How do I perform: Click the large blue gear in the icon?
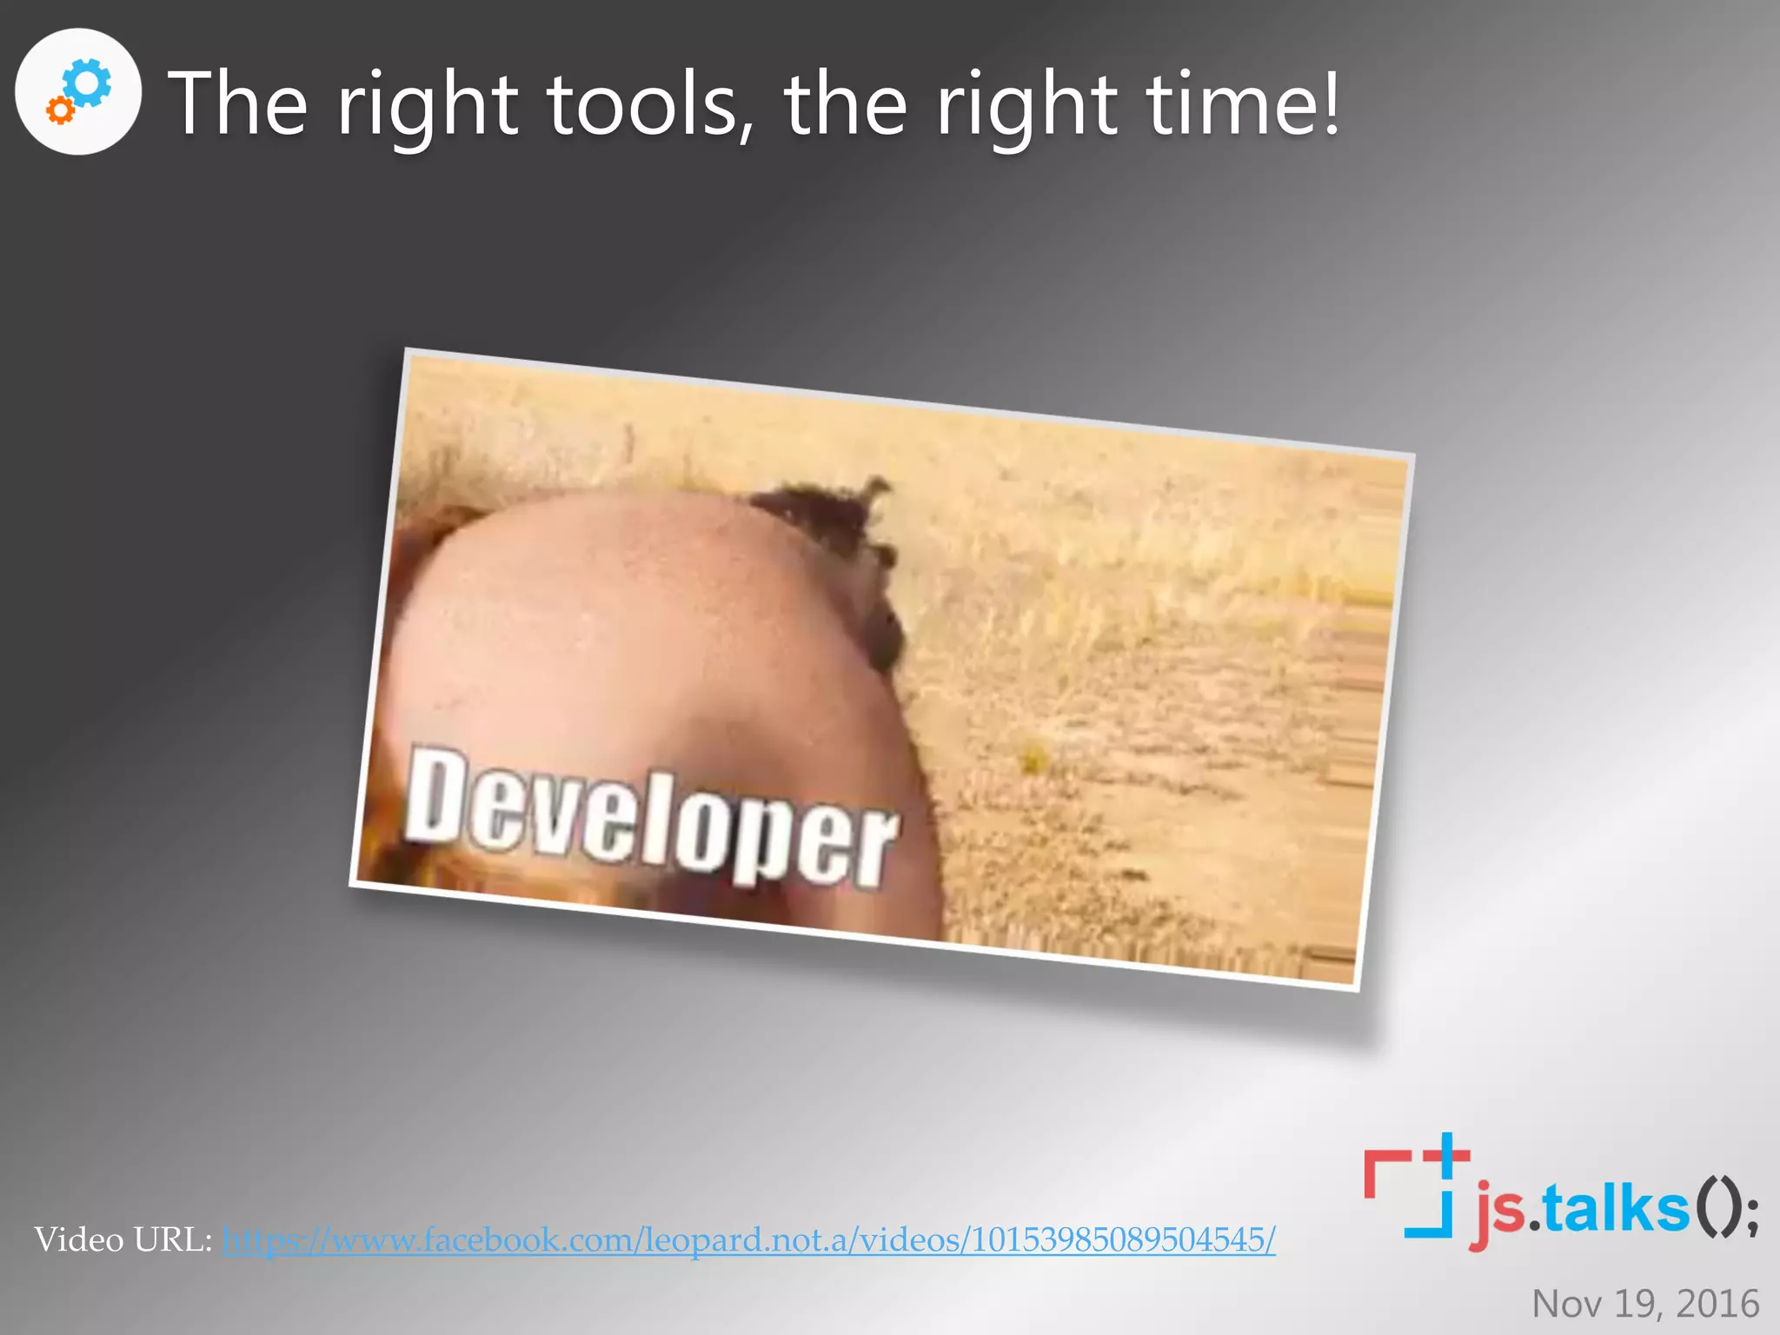coord(88,83)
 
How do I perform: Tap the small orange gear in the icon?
coord(60,110)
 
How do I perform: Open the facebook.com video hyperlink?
coord(748,1239)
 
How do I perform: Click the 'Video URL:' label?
coord(123,1239)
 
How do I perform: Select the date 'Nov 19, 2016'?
coord(1645,1304)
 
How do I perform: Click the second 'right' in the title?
coord(1026,106)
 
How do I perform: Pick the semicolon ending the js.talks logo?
coord(1750,1213)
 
